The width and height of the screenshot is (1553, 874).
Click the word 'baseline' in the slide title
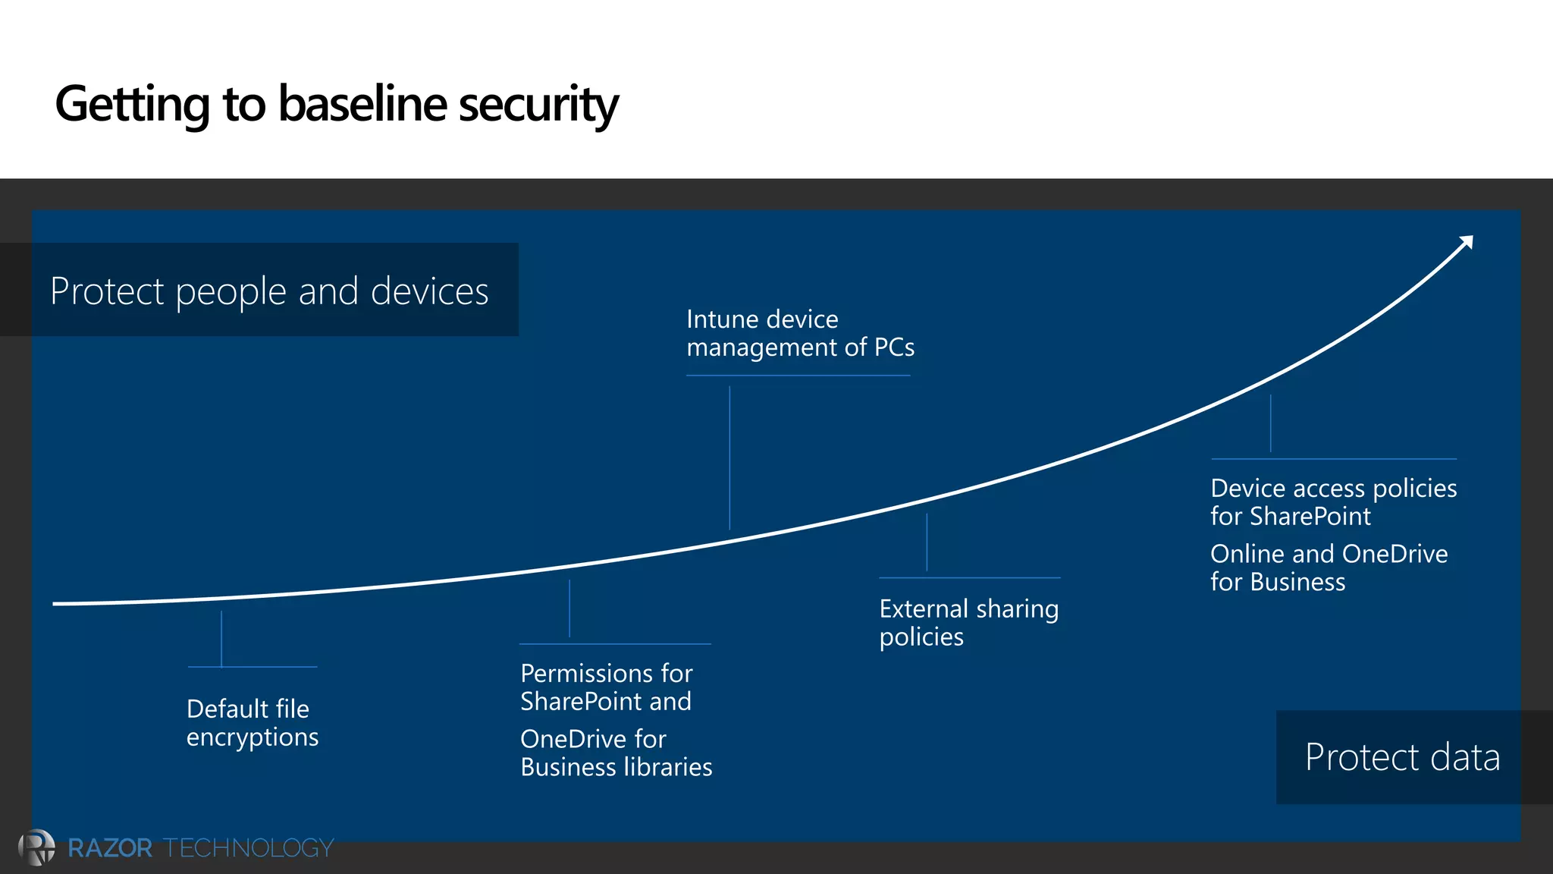[x=362, y=104]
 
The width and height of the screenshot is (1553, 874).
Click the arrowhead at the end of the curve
[x=1467, y=242]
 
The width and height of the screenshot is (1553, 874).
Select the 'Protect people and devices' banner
[x=269, y=291]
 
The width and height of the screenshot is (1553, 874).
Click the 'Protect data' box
[x=1402, y=757]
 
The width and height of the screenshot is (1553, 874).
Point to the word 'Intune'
[x=721, y=319]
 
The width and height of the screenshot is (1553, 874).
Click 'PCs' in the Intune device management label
[x=893, y=347]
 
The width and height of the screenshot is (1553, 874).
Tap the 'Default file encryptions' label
[x=252, y=723]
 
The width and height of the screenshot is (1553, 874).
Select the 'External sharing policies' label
[x=968, y=623]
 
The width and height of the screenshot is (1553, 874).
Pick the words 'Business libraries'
[x=616, y=767]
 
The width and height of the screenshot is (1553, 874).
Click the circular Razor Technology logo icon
[x=36, y=847]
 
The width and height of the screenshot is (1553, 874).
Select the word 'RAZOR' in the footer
[x=110, y=847]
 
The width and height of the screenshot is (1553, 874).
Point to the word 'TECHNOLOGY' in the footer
[x=248, y=847]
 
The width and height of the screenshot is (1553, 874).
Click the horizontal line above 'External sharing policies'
[x=969, y=578]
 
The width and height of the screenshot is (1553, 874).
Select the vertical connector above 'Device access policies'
[x=1270, y=423]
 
